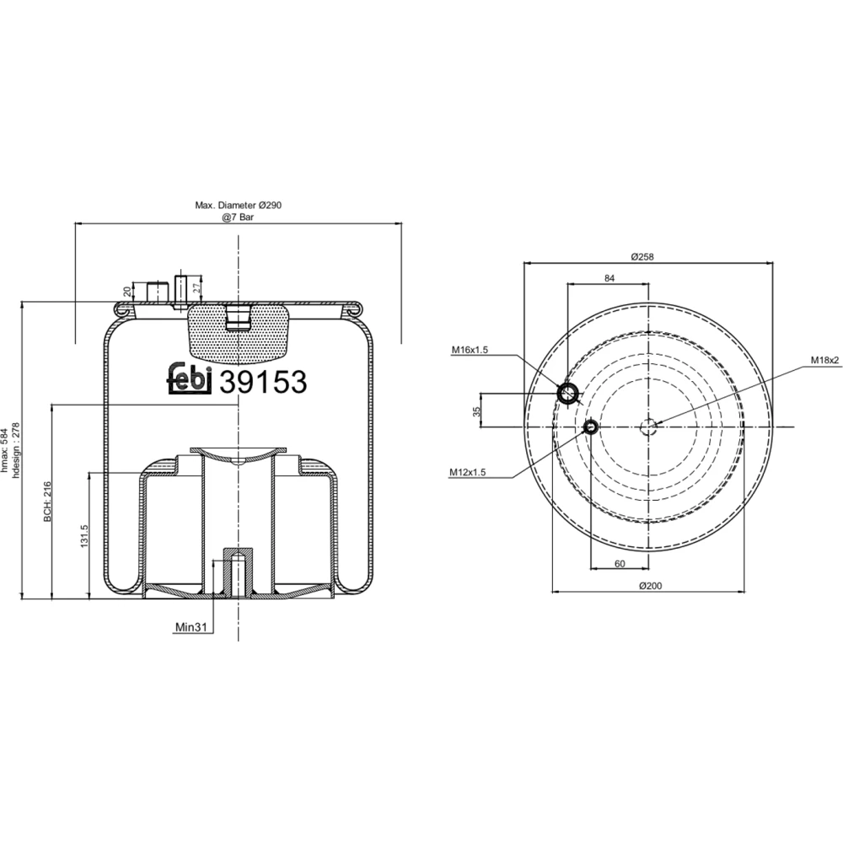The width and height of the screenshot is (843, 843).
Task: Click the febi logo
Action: point(191,378)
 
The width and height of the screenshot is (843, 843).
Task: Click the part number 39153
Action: point(263,382)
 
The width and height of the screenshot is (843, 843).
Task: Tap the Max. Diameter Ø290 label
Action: point(239,205)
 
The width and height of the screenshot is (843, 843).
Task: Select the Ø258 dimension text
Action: point(642,256)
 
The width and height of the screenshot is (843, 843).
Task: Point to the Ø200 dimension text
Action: point(651,586)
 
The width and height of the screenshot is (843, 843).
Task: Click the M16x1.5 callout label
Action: point(470,350)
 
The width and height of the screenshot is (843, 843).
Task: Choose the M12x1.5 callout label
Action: point(467,472)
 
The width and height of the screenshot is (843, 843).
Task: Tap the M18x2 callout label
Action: point(825,360)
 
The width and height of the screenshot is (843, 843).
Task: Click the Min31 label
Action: point(191,627)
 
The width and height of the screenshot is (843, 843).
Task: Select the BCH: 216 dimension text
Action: point(47,501)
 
